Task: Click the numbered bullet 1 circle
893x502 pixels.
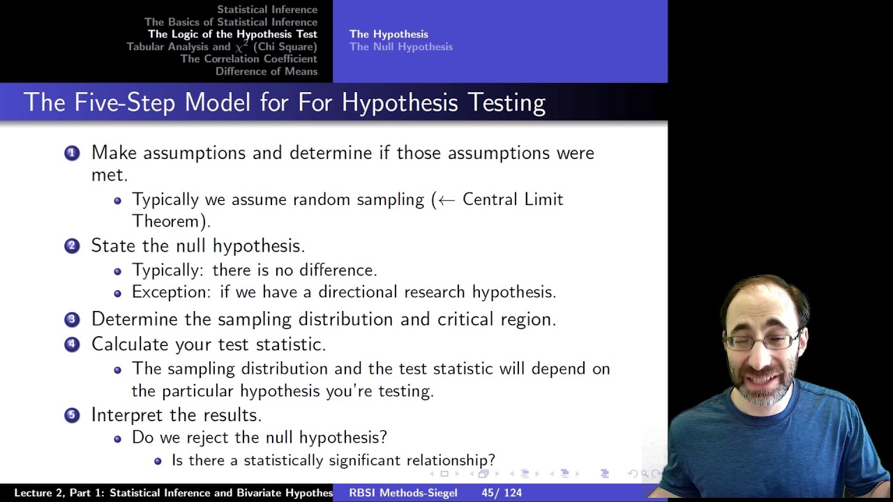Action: [x=72, y=153]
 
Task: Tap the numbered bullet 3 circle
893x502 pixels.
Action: [x=72, y=319]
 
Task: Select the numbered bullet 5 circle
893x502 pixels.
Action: [x=72, y=415]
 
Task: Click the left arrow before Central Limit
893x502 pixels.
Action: [x=446, y=200]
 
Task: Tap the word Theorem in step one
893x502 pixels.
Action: [x=167, y=222]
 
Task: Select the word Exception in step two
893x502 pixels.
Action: [x=170, y=292]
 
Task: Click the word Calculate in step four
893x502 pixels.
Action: [x=130, y=344]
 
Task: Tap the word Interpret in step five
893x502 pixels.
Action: [x=128, y=415]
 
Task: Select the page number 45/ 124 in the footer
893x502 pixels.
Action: [x=502, y=493]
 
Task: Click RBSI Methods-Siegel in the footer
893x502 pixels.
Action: [x=403, y=493]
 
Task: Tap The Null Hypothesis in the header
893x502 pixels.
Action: [x=401, y=47]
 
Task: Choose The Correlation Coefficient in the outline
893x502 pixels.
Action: [x=249, y=59]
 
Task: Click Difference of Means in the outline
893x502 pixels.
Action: [x=267, y=72]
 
